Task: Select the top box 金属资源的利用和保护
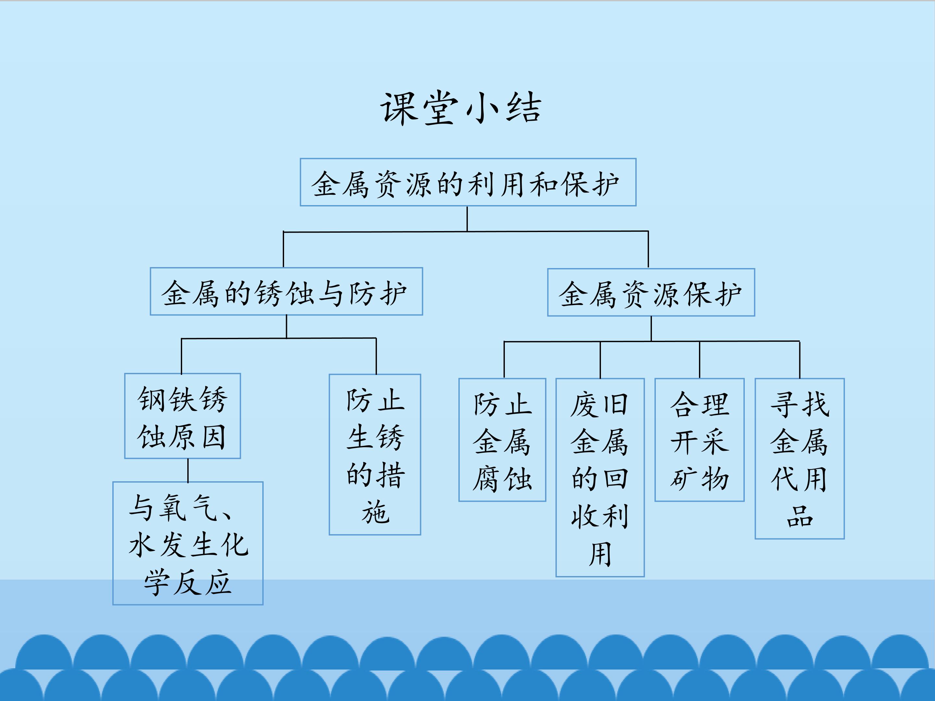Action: coord(468,182)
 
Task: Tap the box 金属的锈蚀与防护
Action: coord(286,291)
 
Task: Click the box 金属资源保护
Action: coord(651,292)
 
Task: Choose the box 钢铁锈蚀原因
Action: coord(182,416)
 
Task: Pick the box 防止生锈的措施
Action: coord(375,455)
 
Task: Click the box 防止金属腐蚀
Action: coord(502,440)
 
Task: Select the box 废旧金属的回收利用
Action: coord(600,477)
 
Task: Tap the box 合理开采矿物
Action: coord(700,440)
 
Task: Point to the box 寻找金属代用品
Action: coord(800,459)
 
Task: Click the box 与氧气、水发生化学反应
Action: coord(188,543)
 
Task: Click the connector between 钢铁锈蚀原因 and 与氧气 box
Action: coord(188,470)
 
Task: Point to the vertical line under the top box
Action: coord(467,219)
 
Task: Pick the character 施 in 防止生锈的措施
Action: coord(375,512)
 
